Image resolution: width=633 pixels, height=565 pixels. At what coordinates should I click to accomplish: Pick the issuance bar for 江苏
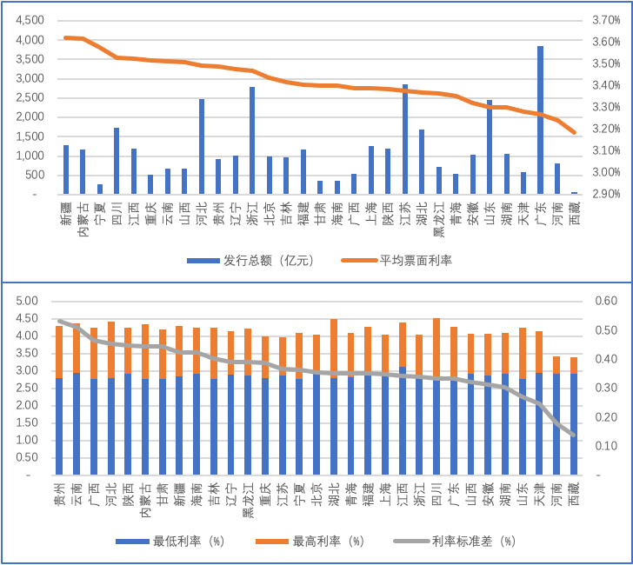(404, 139)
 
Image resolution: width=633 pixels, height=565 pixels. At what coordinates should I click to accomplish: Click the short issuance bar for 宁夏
(100, 189)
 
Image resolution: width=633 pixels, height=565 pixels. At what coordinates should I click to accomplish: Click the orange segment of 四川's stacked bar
(436, 348)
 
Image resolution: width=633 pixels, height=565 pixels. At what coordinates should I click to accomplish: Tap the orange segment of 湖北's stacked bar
(333, 349)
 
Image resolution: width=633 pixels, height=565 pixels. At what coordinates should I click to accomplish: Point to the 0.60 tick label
(604, 301)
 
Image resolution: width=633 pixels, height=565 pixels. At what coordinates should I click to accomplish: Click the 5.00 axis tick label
(29, 301)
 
